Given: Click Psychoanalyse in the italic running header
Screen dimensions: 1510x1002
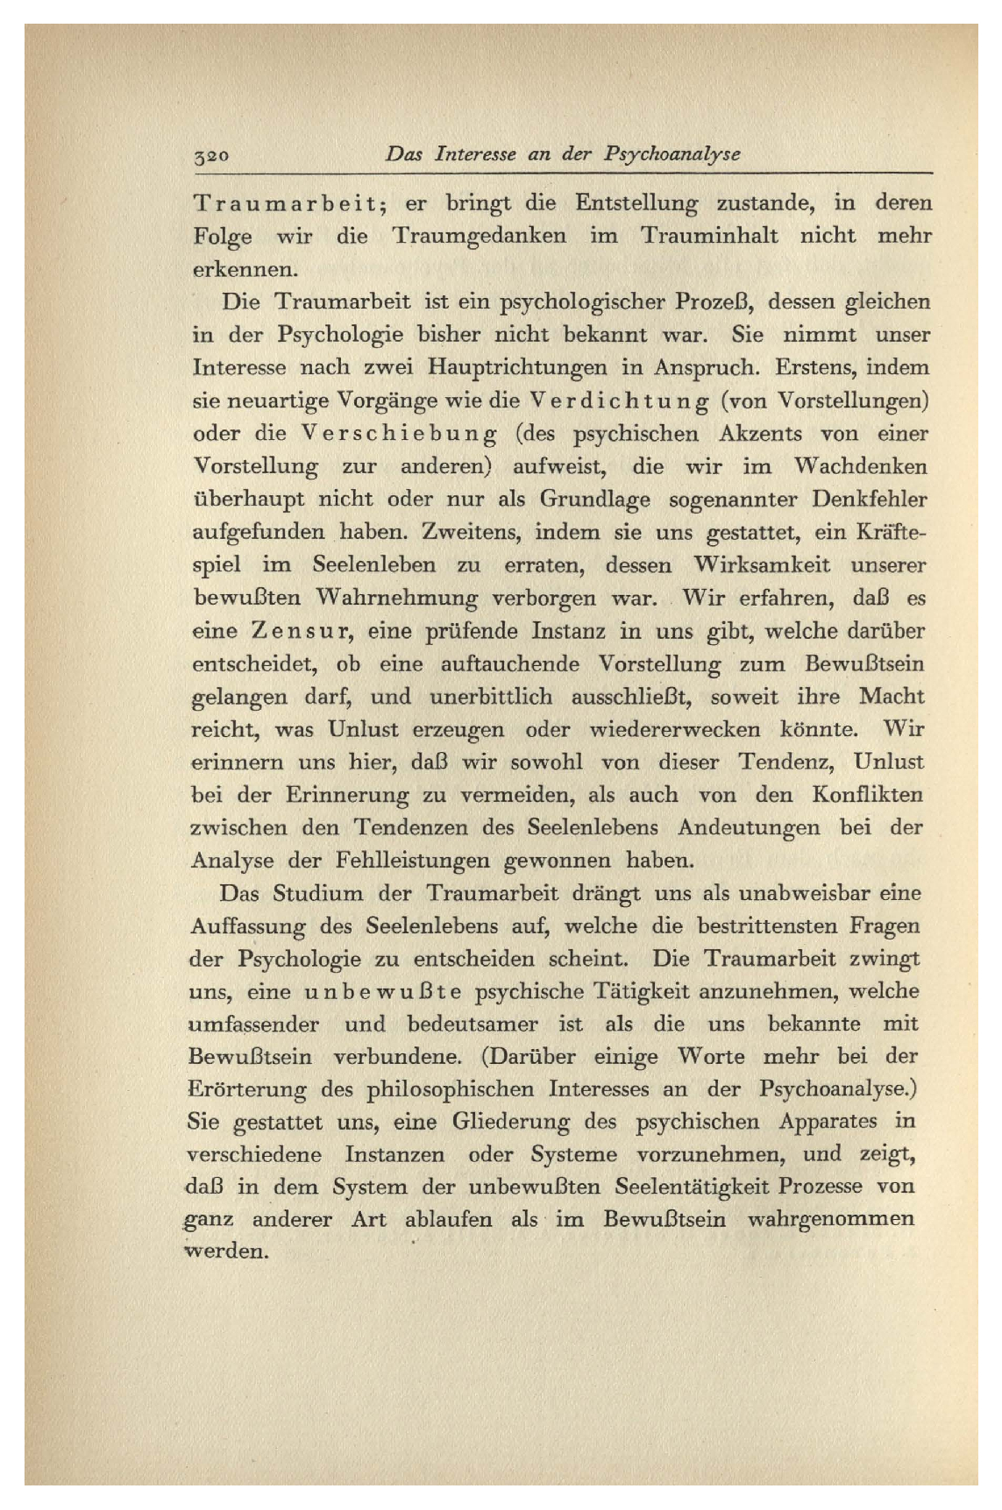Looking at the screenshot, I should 672,153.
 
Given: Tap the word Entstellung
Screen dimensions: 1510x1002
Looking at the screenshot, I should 636,204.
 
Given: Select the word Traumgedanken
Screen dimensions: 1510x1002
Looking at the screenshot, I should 479,237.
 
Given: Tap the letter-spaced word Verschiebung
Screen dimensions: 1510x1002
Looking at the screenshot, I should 399,434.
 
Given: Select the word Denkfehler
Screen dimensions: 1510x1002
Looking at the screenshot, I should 869,500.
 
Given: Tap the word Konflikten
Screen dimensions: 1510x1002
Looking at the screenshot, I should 868,796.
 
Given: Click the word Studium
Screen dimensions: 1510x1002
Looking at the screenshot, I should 317,894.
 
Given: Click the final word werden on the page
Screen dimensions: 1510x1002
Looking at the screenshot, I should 226,1251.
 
